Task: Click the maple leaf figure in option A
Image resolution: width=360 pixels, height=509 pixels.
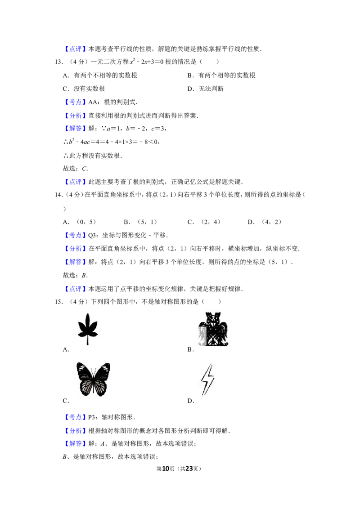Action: [x=88, y=329]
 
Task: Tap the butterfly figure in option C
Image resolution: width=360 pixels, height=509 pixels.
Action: [x=93, y=379]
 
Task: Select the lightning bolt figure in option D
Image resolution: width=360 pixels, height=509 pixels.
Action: [x=207, y=380]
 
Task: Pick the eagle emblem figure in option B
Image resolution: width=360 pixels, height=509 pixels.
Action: [x=213, y=329]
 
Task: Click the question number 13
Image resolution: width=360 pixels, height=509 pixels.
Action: [x=58, y=62]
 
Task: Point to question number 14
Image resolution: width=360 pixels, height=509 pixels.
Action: [x=58, y=195]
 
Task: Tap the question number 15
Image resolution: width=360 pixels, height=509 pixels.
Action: [x=58, y=302]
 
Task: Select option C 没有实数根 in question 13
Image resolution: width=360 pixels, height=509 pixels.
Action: [x=84, y=89]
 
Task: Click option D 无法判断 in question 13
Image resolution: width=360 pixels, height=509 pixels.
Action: [x=205, y=89]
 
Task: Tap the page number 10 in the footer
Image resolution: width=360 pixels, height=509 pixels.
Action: [x=166, y=469]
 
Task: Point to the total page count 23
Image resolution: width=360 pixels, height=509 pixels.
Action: [x=189, y=469]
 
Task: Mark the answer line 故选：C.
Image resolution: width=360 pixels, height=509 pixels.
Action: [x=76, y=169]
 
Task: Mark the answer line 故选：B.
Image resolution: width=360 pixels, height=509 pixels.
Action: [x=76, y=275]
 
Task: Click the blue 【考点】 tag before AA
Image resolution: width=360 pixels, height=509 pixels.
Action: [x=76, y=102]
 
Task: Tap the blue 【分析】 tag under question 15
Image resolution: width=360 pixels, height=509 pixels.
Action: [x=76, y=431]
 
